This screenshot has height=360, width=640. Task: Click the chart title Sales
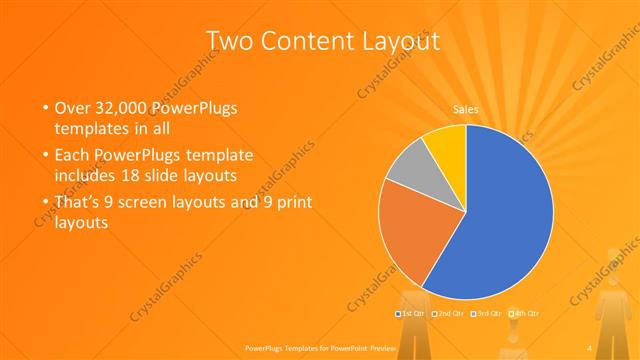point(465,109)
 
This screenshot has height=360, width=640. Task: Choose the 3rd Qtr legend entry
point(487,314)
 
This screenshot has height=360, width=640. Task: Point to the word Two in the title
point(232,41)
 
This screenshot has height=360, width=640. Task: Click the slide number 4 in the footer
point(590,348)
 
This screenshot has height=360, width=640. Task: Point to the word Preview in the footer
point(381,348)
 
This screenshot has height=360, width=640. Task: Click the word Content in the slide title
point(309,41)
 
